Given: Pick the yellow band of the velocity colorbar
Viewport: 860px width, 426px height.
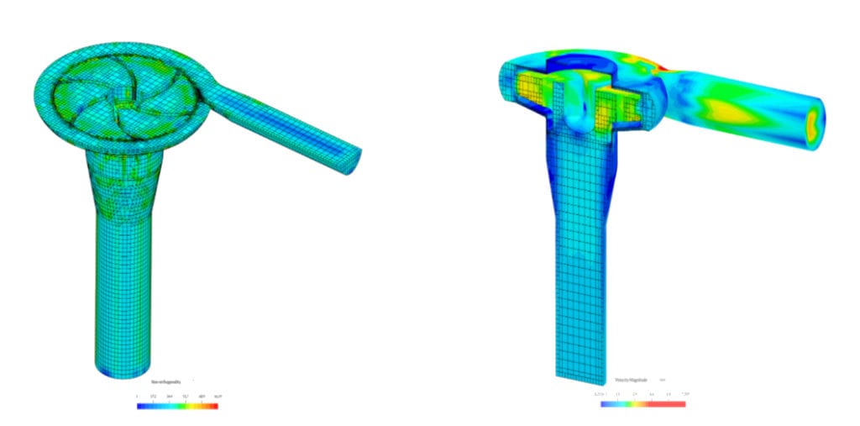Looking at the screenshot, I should click(x=642, y=404).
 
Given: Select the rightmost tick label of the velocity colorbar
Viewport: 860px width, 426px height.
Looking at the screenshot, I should click(x=684, y=393).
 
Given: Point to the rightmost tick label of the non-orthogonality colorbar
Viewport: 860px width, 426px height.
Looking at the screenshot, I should click(x=218, y=395).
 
